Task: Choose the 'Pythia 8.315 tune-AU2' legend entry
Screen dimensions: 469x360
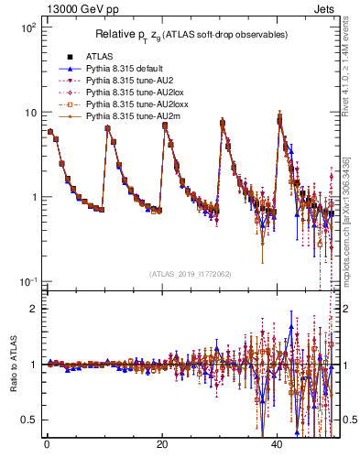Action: click(115, 80)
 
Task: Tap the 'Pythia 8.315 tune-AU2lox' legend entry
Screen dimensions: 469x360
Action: click(118, 92)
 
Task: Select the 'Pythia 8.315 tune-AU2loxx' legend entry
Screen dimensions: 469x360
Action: click(120, 104)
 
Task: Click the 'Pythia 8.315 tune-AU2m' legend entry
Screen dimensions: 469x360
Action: click(116, 115)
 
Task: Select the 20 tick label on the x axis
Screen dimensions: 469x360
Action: click(162, 444)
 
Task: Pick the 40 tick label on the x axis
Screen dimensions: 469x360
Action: click(278, 444)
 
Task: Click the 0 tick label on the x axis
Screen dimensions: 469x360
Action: click(47, 444)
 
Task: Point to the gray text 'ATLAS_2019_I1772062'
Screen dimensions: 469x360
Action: click(191, 274)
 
